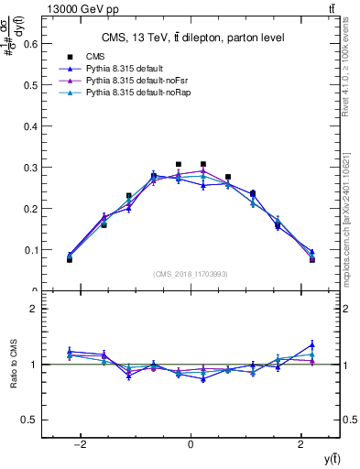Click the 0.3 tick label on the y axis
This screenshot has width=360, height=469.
coord(31,166)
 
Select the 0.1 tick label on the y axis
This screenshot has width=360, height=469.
coord(31,249)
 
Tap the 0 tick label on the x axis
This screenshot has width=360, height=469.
coord(191,444)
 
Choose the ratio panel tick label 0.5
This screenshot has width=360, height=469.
coord(31,420)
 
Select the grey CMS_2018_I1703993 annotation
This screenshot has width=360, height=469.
coord(190,274)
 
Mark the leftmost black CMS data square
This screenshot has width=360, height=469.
coord(70,260)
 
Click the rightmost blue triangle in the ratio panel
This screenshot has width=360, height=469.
coord(311,344)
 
